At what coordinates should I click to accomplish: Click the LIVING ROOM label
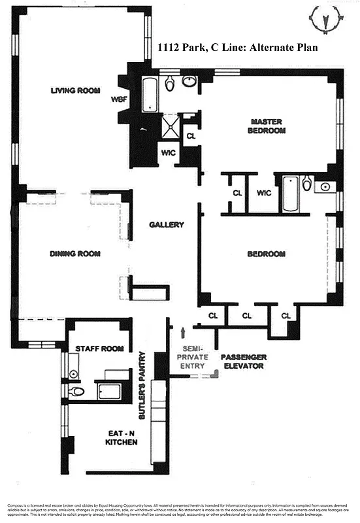74,90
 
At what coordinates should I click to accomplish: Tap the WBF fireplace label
120,99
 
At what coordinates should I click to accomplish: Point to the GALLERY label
167,224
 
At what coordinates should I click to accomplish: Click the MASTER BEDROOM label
267,126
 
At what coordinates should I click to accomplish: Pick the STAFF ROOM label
99,348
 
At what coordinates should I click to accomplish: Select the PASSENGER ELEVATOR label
242,362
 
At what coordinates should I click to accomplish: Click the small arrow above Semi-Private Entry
192,335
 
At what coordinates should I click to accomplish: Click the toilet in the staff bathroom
76,392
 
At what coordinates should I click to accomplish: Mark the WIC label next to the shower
169,153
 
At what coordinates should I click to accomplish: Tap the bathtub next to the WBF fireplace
150,95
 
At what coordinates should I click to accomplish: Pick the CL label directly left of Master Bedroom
191,137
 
